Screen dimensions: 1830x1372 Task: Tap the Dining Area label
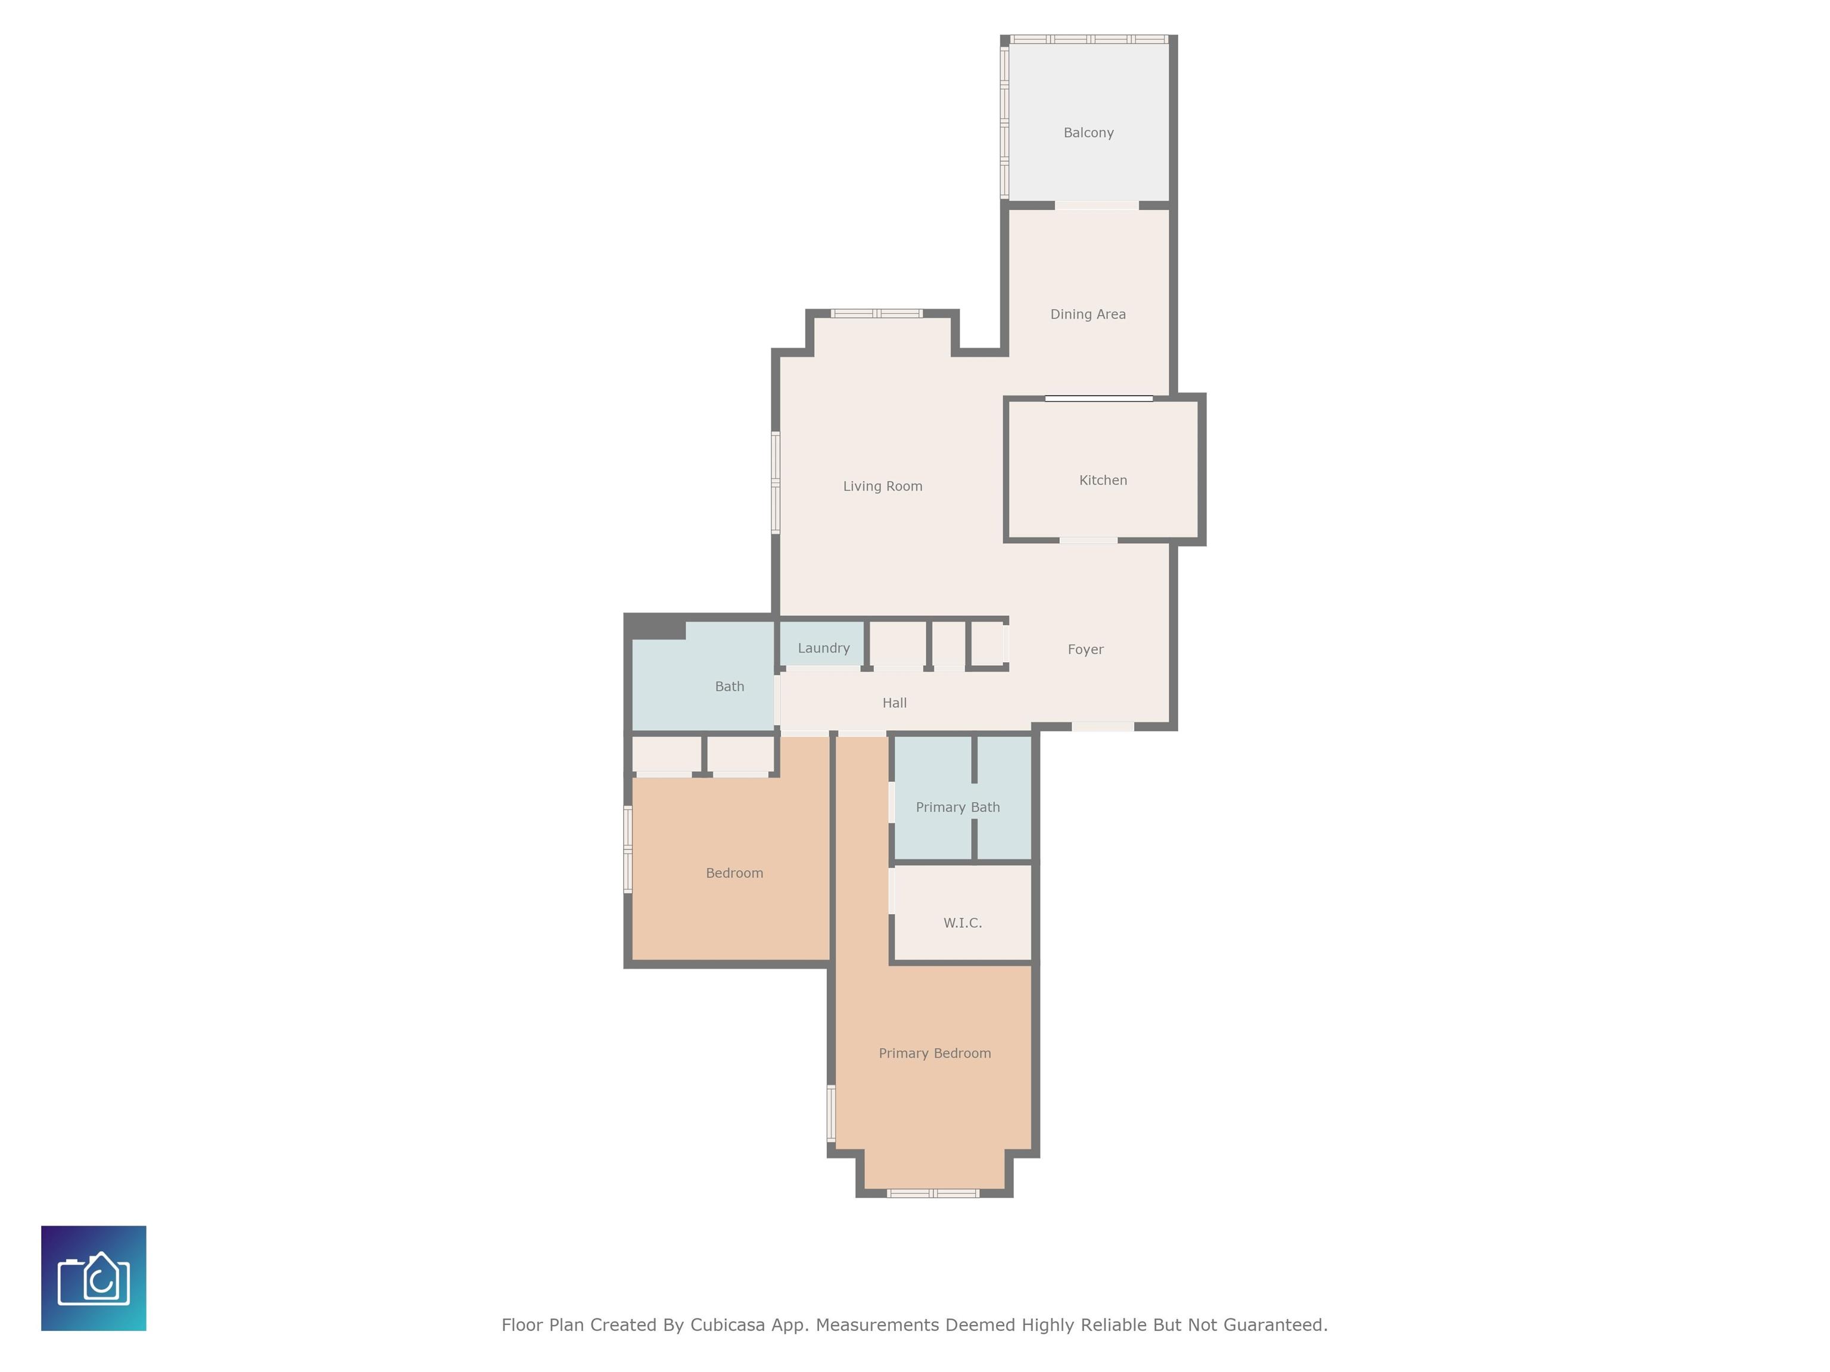[1088, 314]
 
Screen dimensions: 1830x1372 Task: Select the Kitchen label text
[1103, 481]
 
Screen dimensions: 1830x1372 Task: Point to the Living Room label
[883, 487]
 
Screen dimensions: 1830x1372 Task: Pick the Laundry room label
[823, 648]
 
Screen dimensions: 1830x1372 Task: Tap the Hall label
[894, 703]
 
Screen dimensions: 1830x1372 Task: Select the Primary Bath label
[958, 807]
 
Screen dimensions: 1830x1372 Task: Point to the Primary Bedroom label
[935, 1053]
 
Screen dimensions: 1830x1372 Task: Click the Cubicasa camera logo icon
[94, 1279]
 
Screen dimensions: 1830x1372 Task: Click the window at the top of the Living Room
[876, 313]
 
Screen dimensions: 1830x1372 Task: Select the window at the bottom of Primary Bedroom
[933, 1193]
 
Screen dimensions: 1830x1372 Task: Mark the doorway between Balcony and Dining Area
[1097, 205]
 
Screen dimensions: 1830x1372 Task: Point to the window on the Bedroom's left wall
[628, 849]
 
